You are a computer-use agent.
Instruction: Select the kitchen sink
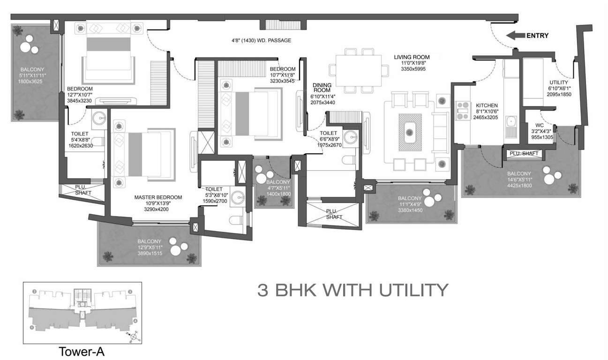[511, 125]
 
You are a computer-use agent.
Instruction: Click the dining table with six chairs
[359, 70]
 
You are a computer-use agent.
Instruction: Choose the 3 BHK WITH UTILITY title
[353, 290]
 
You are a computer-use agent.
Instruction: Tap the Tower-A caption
[81, 352]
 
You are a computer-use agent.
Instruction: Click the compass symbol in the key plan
[134, 336]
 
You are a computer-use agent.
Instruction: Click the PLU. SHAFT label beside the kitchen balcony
[524, 153]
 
